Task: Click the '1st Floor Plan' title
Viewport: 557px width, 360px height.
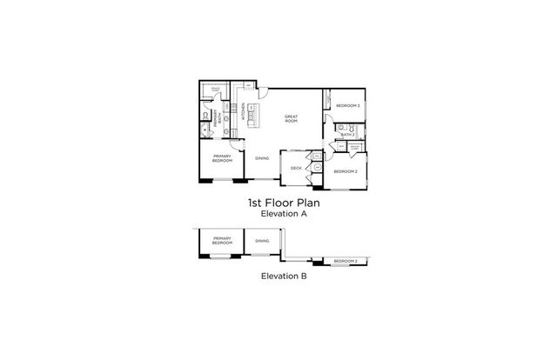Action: point(278,201)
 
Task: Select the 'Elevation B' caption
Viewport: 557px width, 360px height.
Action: point(278,278)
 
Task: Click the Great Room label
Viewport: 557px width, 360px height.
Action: point(291,119)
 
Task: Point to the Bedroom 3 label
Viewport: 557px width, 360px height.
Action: point(347,106)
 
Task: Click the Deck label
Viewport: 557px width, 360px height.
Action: point(296,168)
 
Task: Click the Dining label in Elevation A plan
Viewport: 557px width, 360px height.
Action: point(262,158)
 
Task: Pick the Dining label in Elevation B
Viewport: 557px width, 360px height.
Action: point(262,240)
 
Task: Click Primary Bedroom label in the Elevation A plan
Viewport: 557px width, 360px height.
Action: point(222,159)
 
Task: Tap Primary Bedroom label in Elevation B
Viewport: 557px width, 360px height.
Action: point(222,241)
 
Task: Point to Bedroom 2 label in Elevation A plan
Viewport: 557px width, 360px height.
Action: point(345,170)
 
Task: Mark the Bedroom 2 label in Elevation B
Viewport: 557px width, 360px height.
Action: point(346,261)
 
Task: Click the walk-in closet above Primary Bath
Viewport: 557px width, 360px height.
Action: point(213,90)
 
